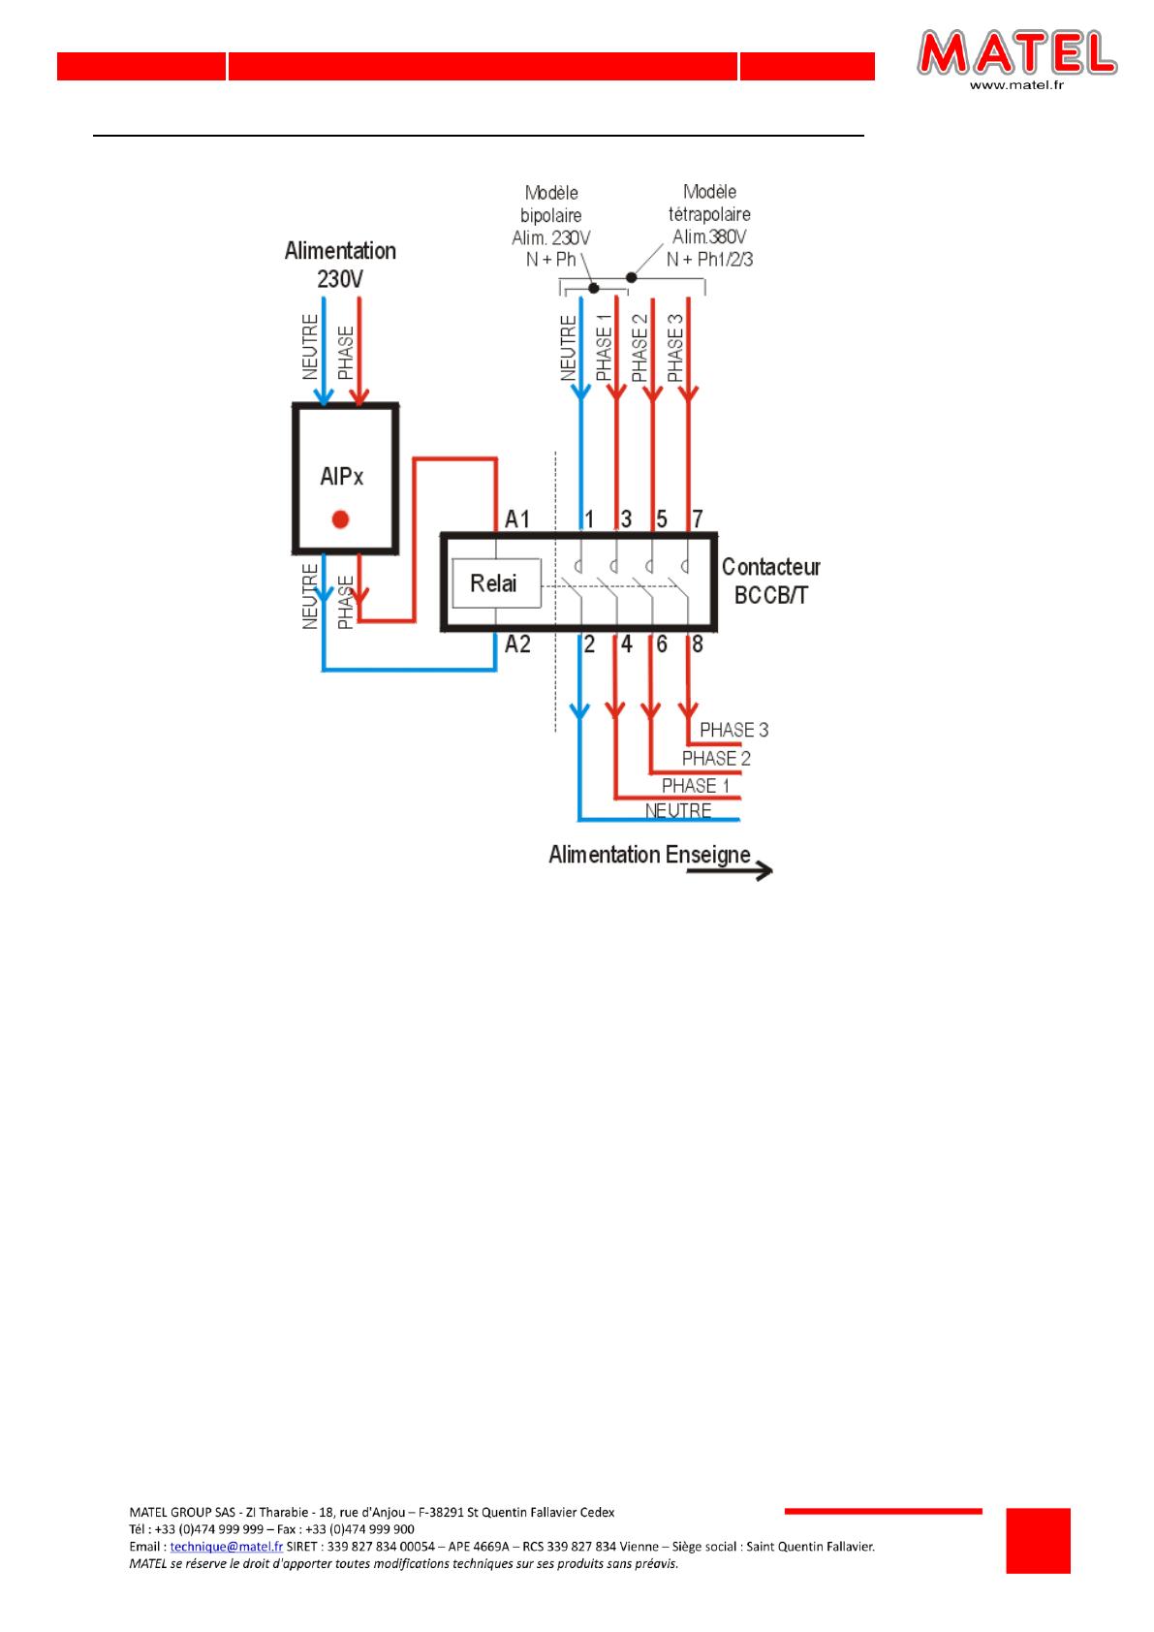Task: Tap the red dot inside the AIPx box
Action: pos(339,519)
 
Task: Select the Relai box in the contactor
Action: pos(494,583)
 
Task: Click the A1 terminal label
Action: pos(517,520)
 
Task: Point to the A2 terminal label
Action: pos(517,643)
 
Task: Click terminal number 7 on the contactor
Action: pos(698,519)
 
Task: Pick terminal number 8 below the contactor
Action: pos(698,643)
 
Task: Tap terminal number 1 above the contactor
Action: pos(589,519)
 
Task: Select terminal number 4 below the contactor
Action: pos(627,643)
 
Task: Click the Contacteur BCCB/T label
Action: pos(770,581)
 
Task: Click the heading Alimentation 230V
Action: pos(340,265)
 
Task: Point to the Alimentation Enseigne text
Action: pos(649,855)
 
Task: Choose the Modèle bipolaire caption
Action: pos(551,225)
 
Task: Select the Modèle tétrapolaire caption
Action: pos(709,225)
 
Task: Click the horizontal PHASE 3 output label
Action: pos(733,730)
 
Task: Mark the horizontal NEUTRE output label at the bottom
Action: pos(678,810)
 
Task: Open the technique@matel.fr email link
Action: pos(227,1547)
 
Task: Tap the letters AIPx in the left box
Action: pos(341,477)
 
